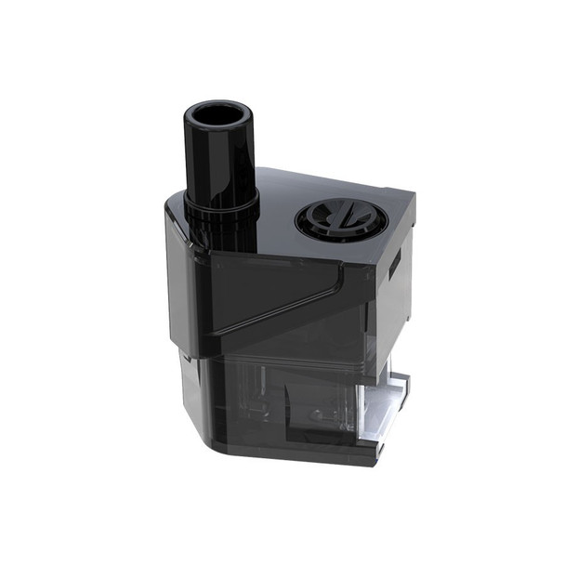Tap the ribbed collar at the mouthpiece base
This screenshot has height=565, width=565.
(221, 209)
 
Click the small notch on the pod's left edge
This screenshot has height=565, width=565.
(185, 354)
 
